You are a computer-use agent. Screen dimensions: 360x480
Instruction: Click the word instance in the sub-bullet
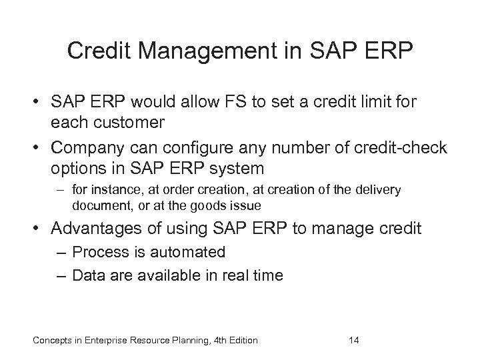point(112,190)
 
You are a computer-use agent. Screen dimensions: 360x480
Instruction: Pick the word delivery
point(377,190)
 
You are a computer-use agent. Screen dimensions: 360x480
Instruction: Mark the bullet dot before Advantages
point(40,229)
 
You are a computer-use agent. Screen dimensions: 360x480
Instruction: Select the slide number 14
point(355,341)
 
